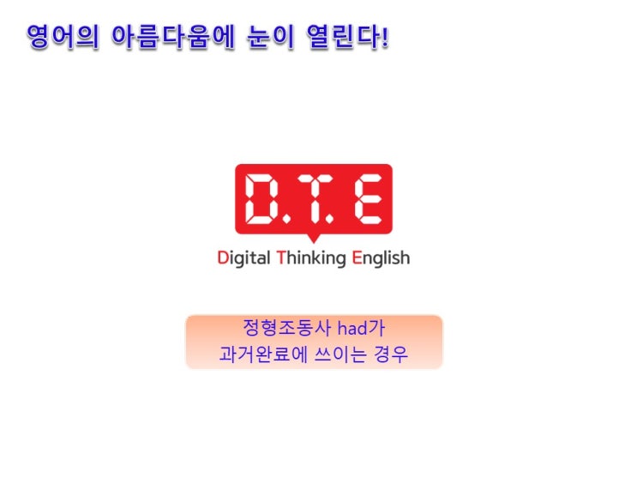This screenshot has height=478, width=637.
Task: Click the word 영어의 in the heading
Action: point(63,37)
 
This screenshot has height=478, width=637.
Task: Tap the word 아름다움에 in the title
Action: point(173,37)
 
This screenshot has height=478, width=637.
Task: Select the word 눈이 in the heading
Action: point(270,37)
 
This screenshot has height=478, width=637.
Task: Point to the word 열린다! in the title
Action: point(347,37)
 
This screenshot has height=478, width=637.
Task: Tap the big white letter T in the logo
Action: point(314,199)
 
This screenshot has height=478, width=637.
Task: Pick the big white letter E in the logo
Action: point(369,199)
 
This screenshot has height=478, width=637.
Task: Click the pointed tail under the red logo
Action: point(313,239)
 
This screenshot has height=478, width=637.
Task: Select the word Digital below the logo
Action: point(243,258)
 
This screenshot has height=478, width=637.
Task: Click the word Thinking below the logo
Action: point(311,258)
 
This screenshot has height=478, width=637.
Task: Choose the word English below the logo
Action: point(381,258)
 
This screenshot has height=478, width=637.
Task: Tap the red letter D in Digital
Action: point(223,257)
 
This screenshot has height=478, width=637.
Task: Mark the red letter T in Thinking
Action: point(281,257)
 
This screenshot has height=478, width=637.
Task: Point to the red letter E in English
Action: point(357,257)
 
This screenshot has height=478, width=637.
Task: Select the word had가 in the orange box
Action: point(362,328)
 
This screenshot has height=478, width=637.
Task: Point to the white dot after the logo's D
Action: point(286,220)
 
